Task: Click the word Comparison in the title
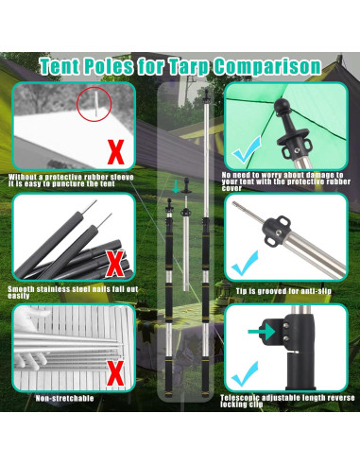267,66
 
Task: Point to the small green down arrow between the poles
174,186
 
